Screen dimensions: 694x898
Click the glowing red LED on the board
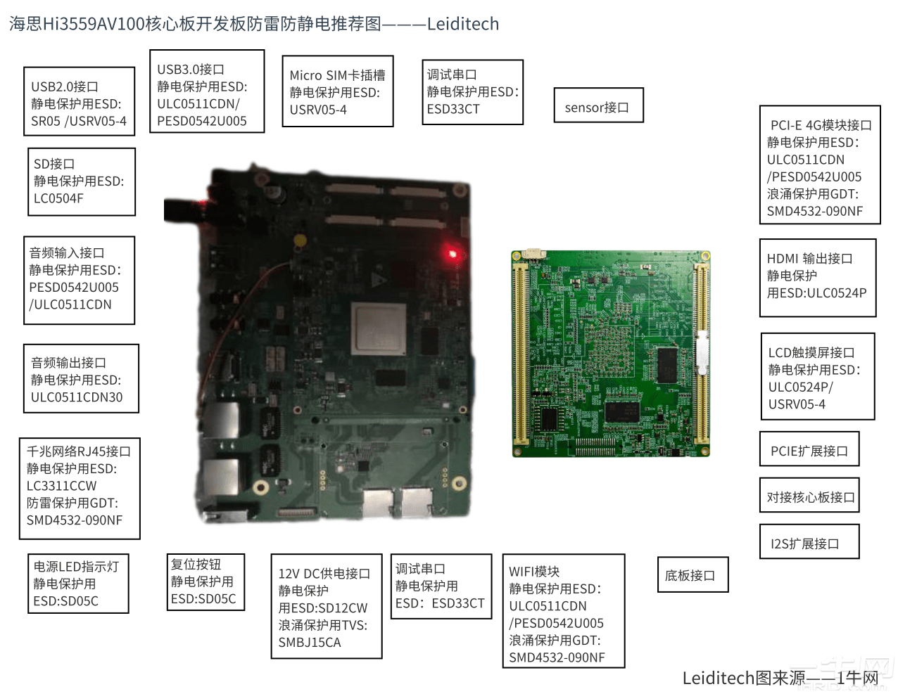452,254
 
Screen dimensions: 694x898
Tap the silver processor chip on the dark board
379,329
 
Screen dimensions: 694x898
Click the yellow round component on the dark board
301,240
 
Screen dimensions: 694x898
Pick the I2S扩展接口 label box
809,543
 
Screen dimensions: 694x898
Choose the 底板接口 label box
691,574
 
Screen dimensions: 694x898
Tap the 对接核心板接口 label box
809,496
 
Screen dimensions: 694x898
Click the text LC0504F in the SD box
58,198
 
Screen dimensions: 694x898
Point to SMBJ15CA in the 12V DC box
310,642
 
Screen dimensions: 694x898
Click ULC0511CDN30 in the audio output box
77,397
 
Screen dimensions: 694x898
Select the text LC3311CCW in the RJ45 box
62,486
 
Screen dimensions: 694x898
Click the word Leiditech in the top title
462,24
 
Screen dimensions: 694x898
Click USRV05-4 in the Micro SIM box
318,110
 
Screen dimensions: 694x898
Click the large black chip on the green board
666,364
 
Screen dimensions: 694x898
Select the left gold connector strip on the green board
521,352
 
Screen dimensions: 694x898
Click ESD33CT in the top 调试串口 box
453,109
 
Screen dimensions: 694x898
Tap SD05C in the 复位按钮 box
214,599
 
